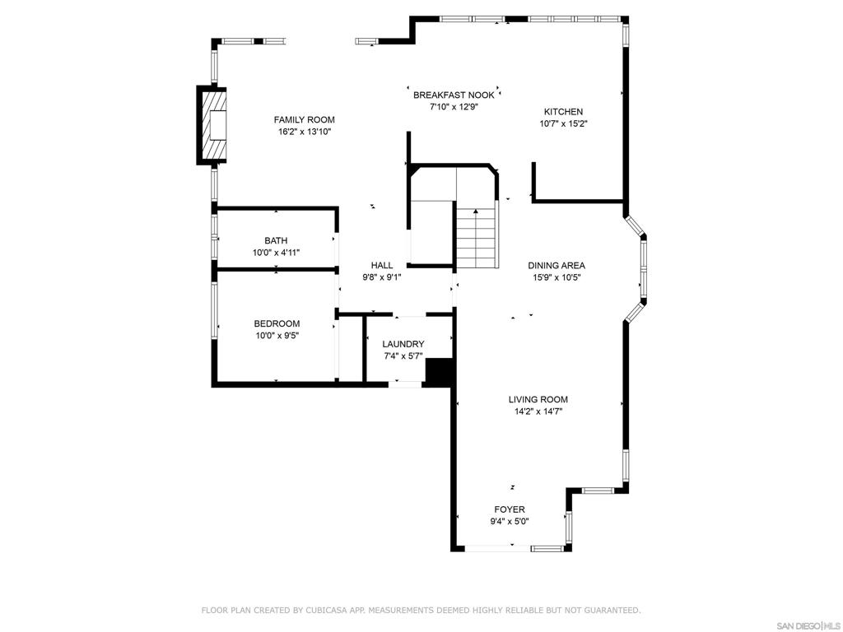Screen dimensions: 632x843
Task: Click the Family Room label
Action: click(x=304, y=120)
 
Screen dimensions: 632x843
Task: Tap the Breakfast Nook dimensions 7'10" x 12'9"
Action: click(x=454, y=107)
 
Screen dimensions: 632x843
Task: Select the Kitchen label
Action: click(x=563, y=112)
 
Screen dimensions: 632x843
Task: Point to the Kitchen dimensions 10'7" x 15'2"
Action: click(x=563, y=124)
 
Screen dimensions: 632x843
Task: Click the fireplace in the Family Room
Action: click(x=215, y=125)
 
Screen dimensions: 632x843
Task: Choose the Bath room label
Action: click(x=276, y=241)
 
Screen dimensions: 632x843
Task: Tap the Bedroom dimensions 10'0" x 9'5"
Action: click(x=276, y=336)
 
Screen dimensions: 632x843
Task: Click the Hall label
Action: click(x=382, y=266)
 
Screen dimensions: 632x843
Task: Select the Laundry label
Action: click(x=403, y=344)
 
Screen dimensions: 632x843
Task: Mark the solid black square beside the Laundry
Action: click(x=440, y=372)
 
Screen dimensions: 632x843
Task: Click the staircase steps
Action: click(x=477, y=239)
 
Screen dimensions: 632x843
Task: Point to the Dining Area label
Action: click(x=557, y=266)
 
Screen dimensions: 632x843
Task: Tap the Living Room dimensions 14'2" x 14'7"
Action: click(x=538, y=412)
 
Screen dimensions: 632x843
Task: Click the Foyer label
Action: click(x=510, y=509)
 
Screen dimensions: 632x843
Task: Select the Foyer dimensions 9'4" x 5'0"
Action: click(x=510, y=521)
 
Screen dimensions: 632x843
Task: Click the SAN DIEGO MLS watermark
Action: click(x=808, y=625)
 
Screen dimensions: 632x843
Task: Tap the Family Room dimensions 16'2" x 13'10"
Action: click(x=304, y=132)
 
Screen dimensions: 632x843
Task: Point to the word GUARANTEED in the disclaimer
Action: click(x=609, y=611)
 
